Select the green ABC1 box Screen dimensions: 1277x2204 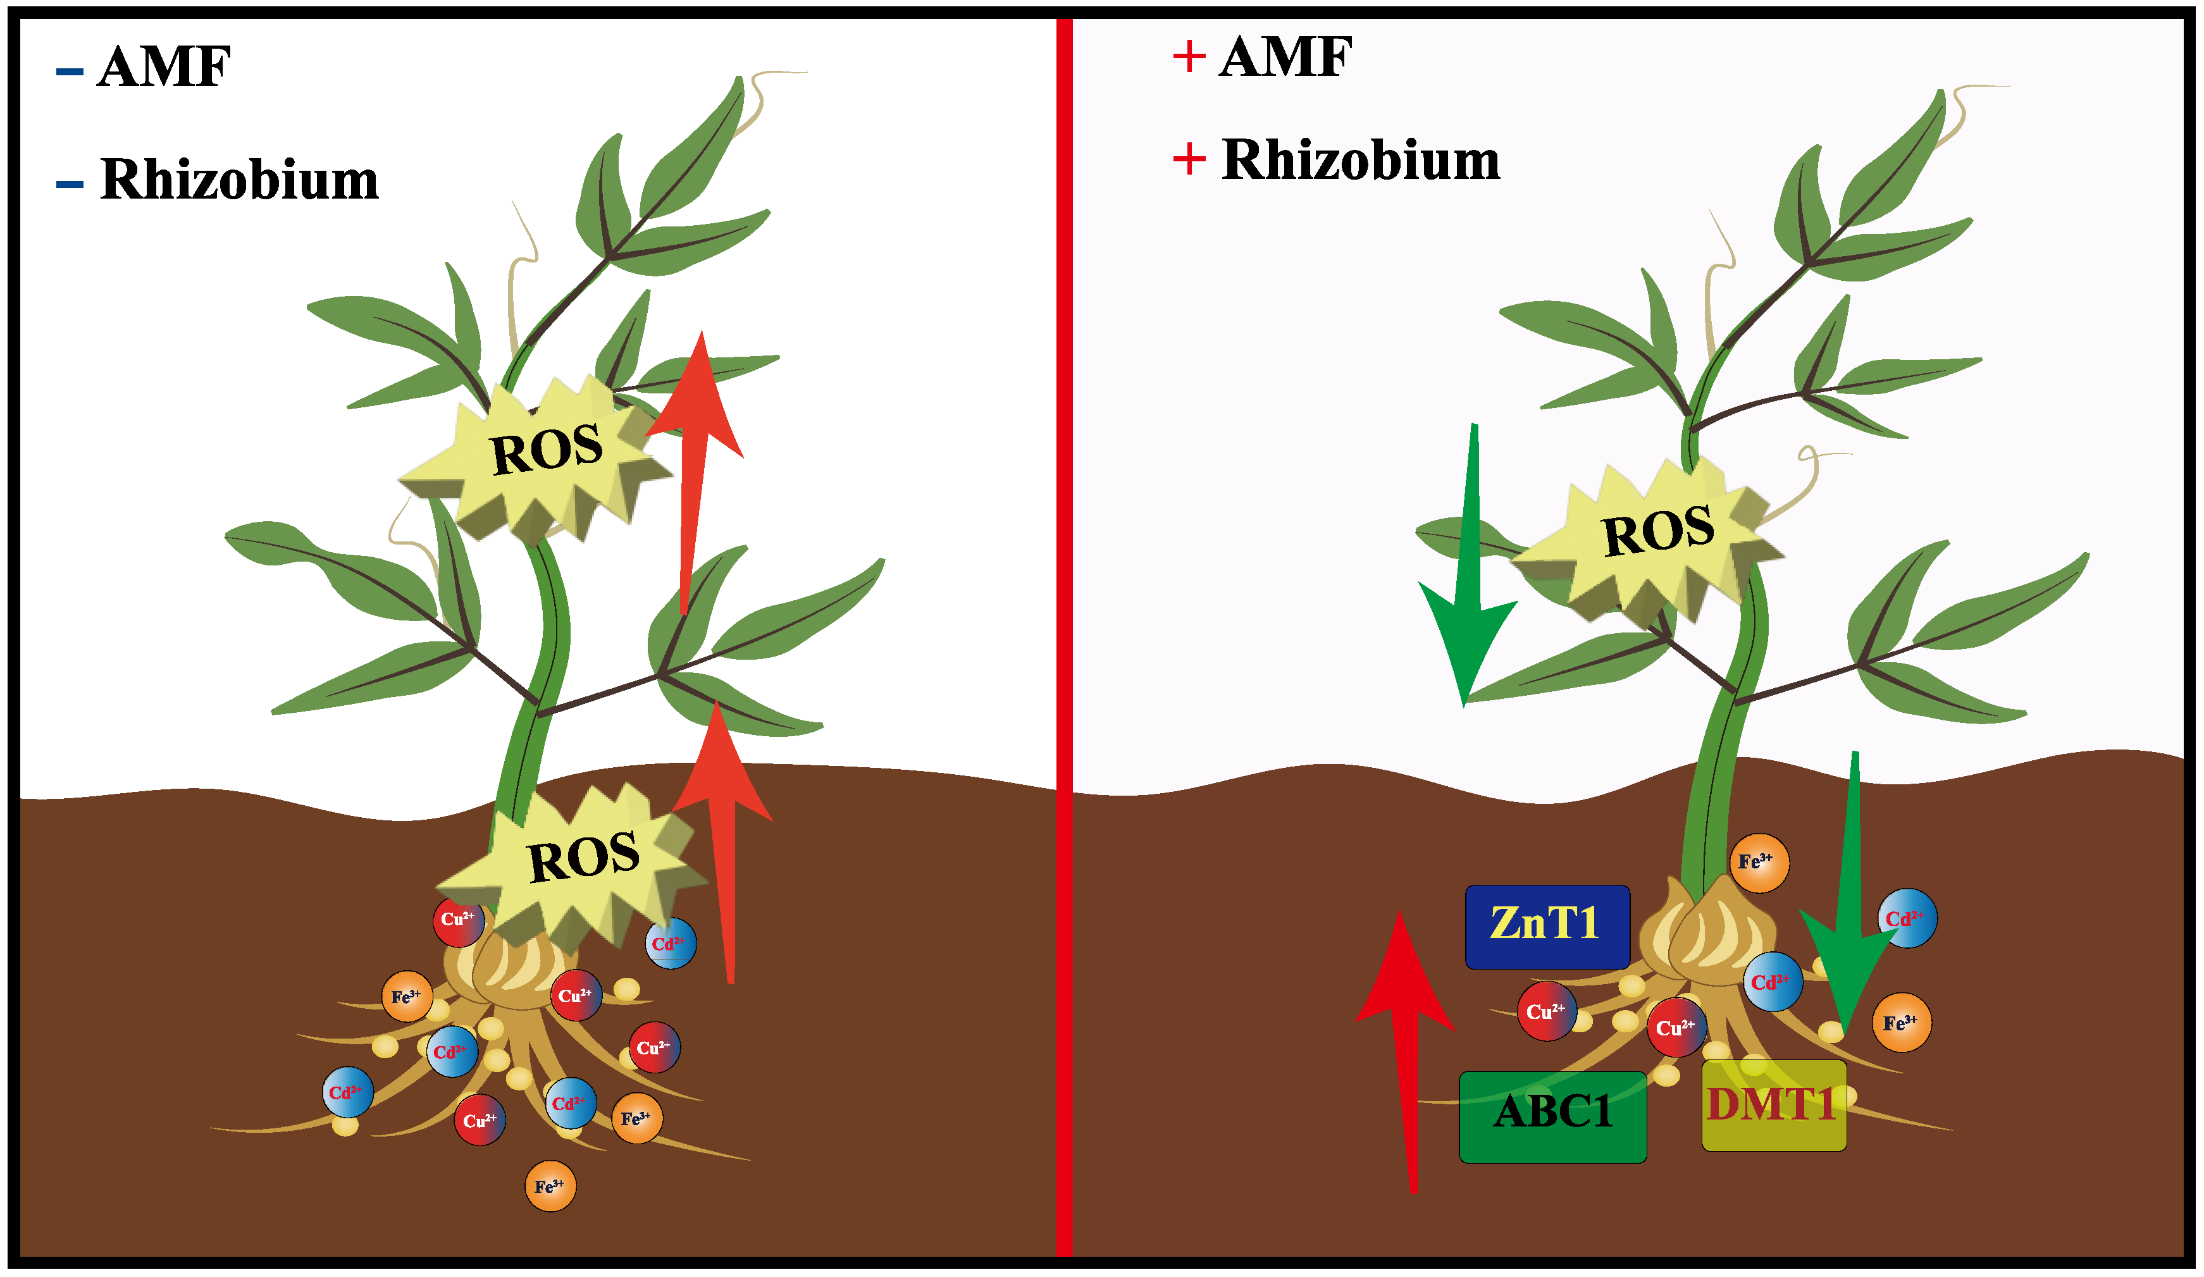point(1552,1117)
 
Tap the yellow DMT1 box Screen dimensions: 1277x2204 point(1773,1106)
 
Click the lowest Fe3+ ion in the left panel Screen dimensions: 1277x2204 point(550,1186)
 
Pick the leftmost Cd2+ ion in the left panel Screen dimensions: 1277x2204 point(347,1092)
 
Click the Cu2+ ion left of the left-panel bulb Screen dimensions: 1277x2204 point(458,920)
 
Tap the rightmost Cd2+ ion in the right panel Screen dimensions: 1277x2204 point(1907,918)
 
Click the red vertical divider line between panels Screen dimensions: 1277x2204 point(1063,639)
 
